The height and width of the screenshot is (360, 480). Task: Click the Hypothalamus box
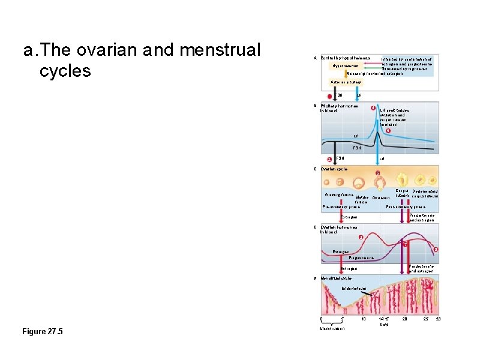(344, 65)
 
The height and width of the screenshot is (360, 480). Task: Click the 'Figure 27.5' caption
(42, 332)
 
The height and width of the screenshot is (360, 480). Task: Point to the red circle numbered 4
(373, 108)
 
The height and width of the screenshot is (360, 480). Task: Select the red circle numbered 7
(406, 244)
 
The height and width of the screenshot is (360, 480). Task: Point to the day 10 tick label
(363, 319)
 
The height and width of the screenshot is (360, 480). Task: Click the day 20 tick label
(404, 319)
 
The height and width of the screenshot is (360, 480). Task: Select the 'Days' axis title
(384, 325)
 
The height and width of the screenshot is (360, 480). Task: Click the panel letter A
(316, 58)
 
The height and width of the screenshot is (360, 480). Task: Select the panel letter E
(316, 279)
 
